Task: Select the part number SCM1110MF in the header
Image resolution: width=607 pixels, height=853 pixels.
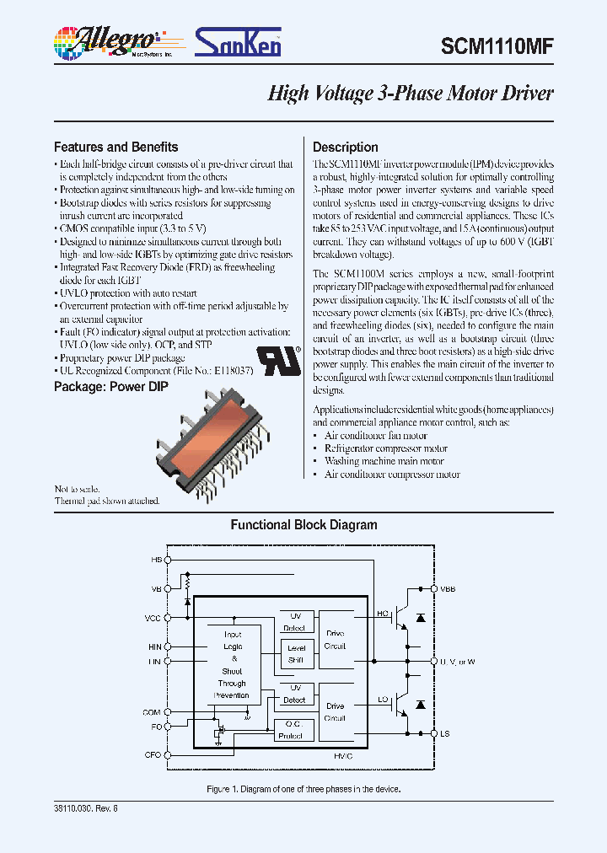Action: pos(497,48)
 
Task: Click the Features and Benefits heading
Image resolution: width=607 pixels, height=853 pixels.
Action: pos(115,147)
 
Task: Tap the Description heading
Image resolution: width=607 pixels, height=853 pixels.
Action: pos(345,147)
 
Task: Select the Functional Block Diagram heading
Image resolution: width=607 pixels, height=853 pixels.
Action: pos(303,525)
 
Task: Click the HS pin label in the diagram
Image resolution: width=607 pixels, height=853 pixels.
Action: pos(155,560)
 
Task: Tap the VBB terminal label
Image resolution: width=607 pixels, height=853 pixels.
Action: pos(447,589)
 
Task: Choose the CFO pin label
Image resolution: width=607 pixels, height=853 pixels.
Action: pos(152,754)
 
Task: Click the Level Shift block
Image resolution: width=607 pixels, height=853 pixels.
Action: pos(296,654)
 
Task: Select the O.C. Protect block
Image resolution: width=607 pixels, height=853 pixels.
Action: pos(290,730)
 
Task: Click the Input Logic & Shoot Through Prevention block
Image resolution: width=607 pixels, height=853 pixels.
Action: pos(232,665)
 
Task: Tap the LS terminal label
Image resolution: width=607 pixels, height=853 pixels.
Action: pos(444,734)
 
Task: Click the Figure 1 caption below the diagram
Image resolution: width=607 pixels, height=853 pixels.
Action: pos(303,789)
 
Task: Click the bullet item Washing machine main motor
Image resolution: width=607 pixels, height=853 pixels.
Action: pos(384,461)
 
